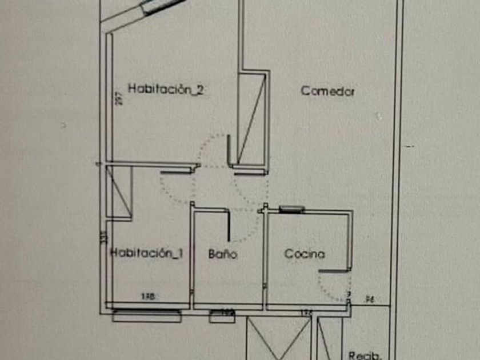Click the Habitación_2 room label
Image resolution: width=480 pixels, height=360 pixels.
[x=166, y=89]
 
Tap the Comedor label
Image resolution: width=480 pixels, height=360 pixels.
[x=328, y=91]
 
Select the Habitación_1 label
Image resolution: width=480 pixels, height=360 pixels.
[x=147, y=253]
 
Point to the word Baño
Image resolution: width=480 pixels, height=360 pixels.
[x=222, y=254]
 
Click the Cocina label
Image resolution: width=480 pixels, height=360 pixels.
[x=305, y=254]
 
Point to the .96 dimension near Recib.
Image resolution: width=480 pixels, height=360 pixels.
[x=369, y=298]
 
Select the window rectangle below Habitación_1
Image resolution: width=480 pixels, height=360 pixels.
[x=147, y=315]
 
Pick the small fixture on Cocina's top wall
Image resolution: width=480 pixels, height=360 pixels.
[x=290, y=209]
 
